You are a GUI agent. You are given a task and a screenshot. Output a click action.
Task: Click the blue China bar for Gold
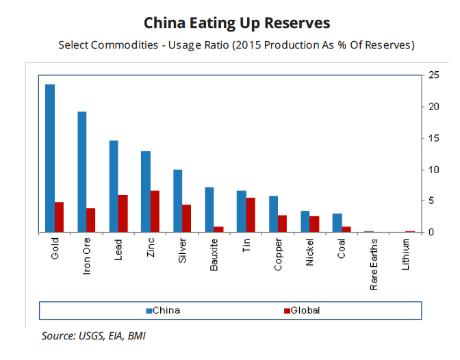click(x=50, y=158)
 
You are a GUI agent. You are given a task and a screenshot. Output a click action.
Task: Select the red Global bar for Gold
click(x=59, y=217)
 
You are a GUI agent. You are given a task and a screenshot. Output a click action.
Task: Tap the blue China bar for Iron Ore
click(x=82, y=172)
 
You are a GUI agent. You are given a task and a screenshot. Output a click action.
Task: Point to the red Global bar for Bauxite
click(x=218, y=229)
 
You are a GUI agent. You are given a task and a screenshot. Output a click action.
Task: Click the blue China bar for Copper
click(x=273, y=214)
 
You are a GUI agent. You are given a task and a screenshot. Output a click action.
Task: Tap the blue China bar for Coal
click(x=337, y=223)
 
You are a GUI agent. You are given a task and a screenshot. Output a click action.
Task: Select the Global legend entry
click(x=301, y=310)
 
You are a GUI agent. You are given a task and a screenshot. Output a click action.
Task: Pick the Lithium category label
click(x=406, y=253)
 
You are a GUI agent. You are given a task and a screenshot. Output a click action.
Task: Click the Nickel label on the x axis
click(x=310, y=252)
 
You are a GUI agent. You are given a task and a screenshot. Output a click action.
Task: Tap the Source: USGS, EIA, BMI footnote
click(x=93, y=335)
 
